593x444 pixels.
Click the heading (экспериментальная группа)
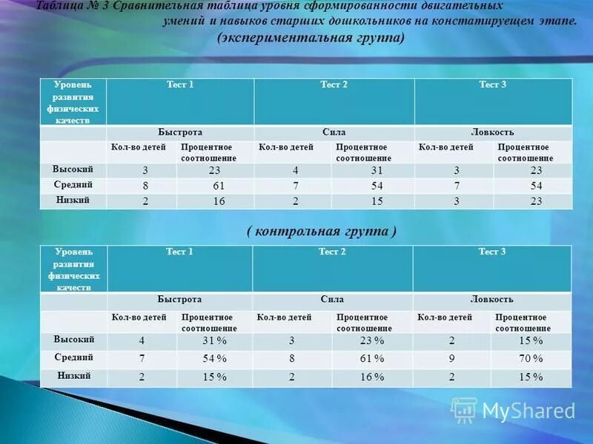coord(311,38)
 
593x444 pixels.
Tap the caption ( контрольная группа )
coord(322,232)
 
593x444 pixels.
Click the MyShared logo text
coord(529,410)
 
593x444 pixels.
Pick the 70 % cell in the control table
coord(531,359)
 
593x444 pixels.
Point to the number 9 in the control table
coord(451,359)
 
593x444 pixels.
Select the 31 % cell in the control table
coord(215,341)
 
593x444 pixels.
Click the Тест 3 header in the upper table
coord(493,85)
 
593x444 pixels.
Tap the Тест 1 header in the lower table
coord(179,252)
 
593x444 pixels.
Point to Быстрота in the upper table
coord(180,132)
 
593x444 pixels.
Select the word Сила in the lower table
coord(332,300)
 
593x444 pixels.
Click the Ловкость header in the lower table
coord(491,300)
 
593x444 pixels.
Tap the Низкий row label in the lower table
coord(74,375)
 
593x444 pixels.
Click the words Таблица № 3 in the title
coord(70,5)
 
